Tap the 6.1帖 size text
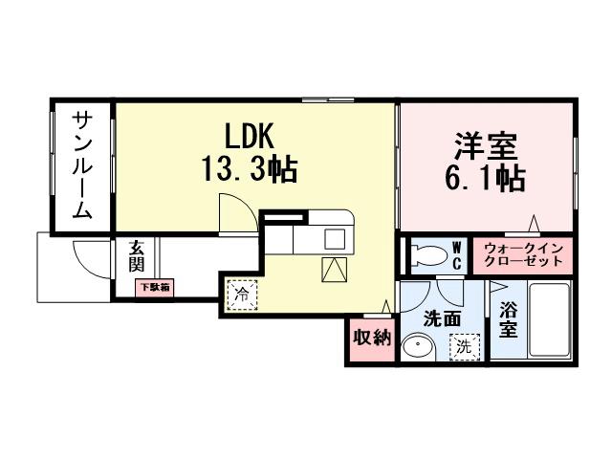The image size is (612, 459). point(485,179)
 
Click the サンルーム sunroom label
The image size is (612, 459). point(81,164)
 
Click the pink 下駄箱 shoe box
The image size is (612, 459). point(152,287)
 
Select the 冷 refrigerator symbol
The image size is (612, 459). point(241,294)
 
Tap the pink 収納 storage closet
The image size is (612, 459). point(371,337)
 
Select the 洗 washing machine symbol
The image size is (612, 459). point(465,347)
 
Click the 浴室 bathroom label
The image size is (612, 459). point(508,319)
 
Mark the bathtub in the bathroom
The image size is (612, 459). point(549,321)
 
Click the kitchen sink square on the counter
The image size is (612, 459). point(337,238)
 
